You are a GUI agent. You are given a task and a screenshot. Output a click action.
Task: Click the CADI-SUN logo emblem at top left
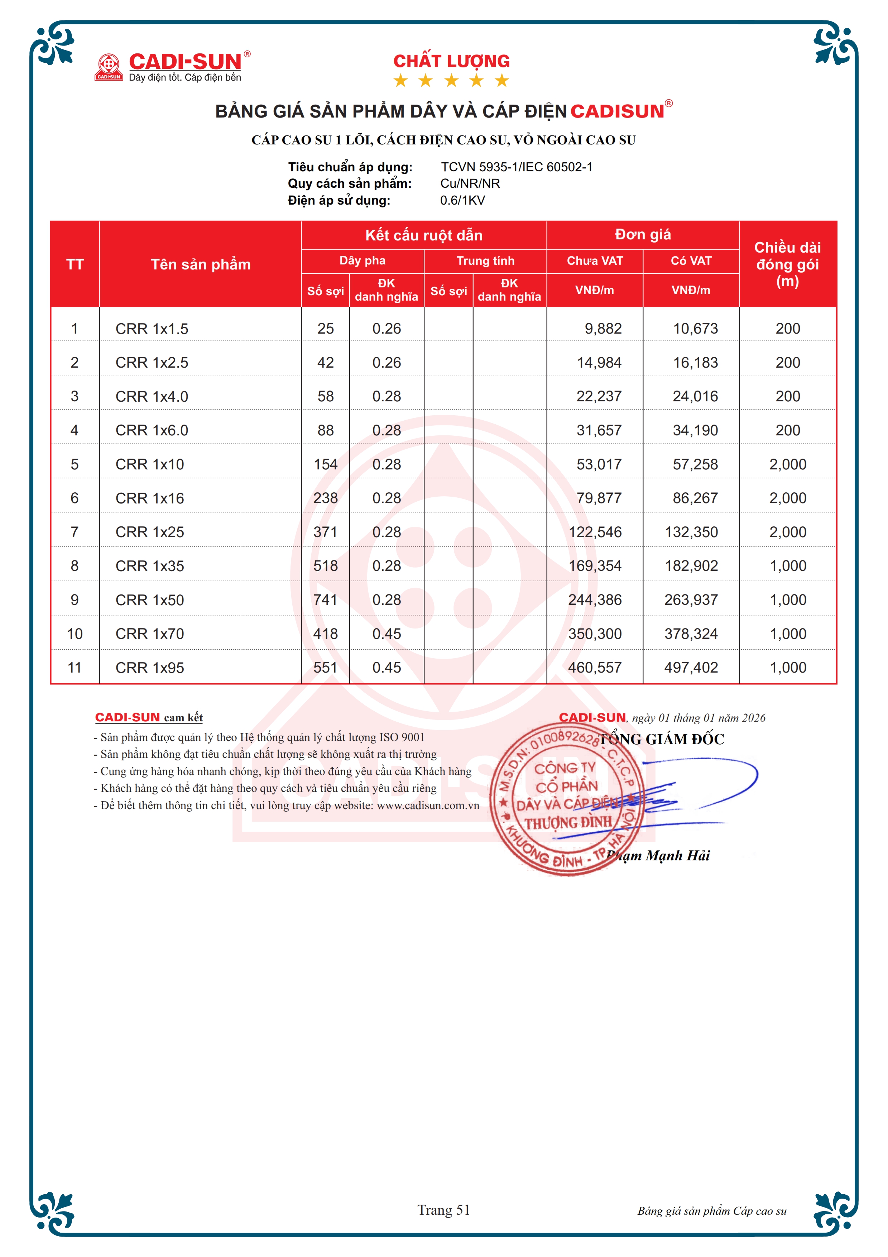[108, 67]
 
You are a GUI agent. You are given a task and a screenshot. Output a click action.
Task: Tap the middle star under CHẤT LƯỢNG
[451, 81]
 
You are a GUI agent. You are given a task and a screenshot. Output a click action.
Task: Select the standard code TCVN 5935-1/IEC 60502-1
[517, 167]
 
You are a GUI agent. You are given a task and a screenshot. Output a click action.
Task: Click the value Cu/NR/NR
[470, 183]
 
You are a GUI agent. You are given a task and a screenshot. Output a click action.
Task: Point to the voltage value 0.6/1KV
[462, 200]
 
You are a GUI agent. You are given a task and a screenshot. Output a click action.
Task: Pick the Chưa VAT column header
[595, 261]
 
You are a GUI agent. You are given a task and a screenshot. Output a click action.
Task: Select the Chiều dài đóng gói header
[787, 264]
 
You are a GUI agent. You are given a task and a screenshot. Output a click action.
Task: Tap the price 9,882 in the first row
[603, 329]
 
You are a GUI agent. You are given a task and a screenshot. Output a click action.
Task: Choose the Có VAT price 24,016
[695, 396]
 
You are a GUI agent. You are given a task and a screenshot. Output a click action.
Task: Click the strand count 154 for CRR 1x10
[326, 464]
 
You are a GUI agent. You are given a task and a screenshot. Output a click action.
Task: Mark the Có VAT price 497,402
[691, 667]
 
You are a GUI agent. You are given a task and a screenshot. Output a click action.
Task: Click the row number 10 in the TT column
[75, 634]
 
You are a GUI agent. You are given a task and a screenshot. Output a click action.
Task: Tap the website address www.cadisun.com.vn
[428, 806]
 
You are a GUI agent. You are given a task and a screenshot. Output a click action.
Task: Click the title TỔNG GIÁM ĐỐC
[662, 740]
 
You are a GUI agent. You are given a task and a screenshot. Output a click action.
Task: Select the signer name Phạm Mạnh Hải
[659, 856]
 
